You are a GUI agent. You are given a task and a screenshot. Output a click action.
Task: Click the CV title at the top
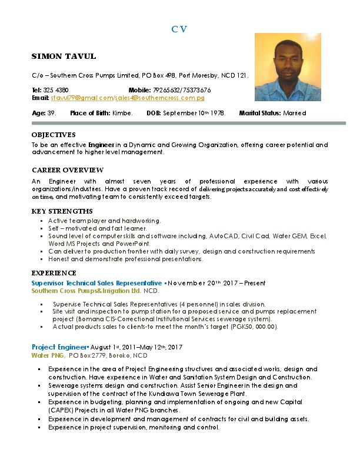[179, 29]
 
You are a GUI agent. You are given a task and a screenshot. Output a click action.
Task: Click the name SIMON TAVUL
[64, 56]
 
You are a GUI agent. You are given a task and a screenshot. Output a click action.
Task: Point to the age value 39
[52, 112]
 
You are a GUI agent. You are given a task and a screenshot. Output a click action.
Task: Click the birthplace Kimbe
[122, 112]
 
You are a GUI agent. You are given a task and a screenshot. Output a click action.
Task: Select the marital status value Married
[295, 112]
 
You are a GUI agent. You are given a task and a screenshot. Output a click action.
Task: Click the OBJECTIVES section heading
[54, 135]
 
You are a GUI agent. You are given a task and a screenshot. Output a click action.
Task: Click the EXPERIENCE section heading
[54, 274]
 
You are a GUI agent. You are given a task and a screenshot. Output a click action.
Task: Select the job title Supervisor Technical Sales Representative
[96, 283]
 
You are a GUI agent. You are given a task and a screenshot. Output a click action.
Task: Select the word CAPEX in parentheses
[61, 410]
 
